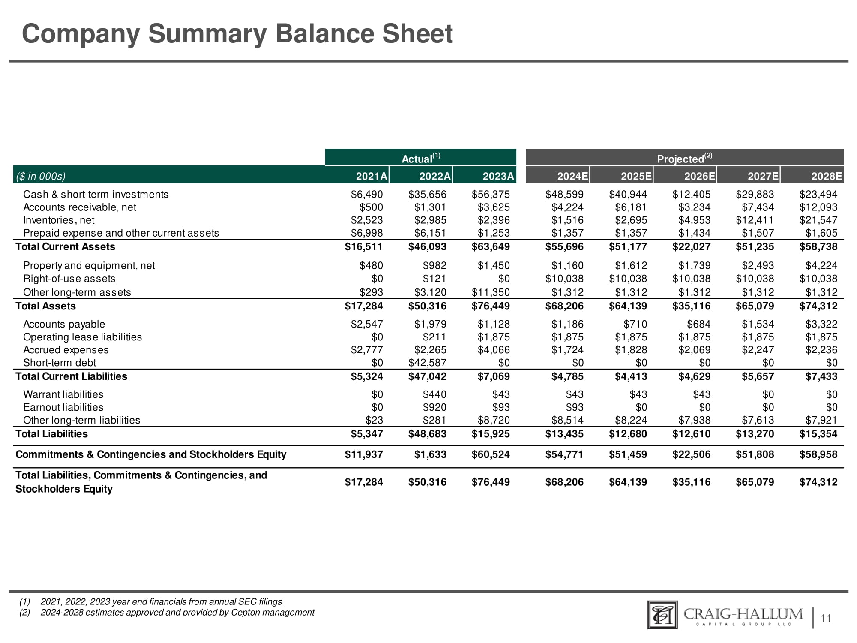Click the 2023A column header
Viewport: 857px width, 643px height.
pos(497,176)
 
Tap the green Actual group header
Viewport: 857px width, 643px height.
pos(421,158)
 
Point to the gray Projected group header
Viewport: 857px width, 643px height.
pos(684,158)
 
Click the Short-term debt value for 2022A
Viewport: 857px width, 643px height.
pos(427,363)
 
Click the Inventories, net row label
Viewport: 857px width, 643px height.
pos(59,220)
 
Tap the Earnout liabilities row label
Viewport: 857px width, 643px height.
pos(63,407)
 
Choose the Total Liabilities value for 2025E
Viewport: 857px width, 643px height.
pos(628,434)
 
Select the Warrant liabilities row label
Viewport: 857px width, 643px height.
pos(63,394)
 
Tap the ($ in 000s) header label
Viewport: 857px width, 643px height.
pos(40,176)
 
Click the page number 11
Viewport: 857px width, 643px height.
pos(825,618)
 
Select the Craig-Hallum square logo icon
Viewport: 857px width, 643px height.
pos(662,615)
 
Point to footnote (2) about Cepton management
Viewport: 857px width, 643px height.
pos(177,613)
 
